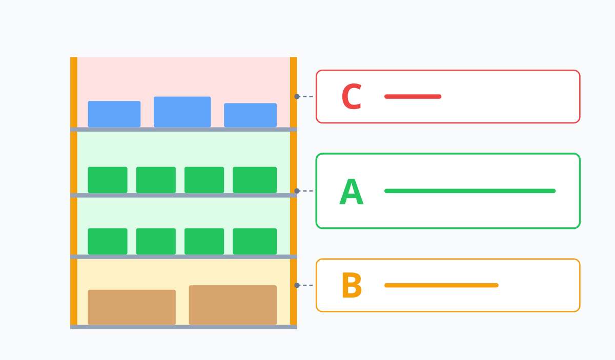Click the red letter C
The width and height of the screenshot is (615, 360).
[x=352, y=96]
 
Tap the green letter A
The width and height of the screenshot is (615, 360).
[x=352, y=192]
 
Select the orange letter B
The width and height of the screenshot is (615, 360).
[x=352, y=285]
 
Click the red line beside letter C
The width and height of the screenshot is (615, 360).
[x=413, y=97]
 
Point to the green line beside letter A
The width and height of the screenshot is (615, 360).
[x=470, y=191]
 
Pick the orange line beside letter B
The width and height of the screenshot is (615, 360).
[x=441, y=285]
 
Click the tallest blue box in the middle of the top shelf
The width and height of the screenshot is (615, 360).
[x=182, y=112]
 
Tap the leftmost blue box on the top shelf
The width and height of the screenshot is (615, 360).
[x=114, y=114]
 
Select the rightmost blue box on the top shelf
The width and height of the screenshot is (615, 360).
[x=251, y=115]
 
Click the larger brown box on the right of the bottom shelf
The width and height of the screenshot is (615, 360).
[x=233, y=305]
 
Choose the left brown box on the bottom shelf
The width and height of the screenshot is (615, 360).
[x=132, y=307]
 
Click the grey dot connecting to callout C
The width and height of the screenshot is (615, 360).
[x=297, y=97]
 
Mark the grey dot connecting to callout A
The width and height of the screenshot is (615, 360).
[x=297, y=191]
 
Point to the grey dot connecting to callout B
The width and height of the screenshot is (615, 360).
[x=297, y=285]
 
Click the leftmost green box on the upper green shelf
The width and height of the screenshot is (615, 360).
[x=108, y=180]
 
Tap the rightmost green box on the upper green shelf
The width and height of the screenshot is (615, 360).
[x=255, y=180]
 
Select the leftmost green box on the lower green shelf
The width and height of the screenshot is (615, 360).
[x=108, y=242]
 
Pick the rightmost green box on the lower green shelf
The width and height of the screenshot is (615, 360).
[x=255, y=242]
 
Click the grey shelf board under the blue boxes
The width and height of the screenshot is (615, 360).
[x=183, y=130]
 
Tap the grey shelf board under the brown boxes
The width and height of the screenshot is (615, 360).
[x=183, y=327]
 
